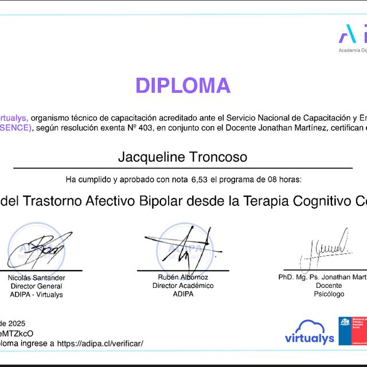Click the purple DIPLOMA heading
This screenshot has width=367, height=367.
click(183, 85)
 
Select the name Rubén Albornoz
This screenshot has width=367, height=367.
click(183, 278)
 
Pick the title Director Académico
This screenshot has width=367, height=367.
click(183, 286)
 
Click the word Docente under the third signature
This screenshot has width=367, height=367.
click(329, 286)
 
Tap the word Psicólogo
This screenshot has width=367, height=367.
click(329, 294)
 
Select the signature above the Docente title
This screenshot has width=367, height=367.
click(325, 245)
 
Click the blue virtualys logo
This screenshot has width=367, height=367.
click(310, 333)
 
